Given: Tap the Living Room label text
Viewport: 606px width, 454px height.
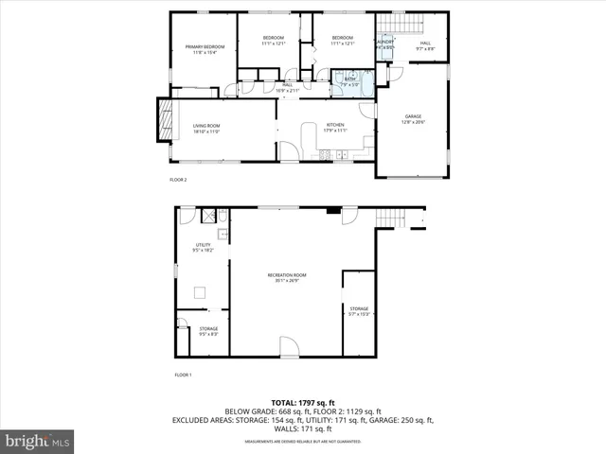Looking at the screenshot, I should [206, 128].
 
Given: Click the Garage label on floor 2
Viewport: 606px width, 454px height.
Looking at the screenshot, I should [413, 118].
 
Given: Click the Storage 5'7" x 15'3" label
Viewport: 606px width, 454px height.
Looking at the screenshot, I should [359, 311].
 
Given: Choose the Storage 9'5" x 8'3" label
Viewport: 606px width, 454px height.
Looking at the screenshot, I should [208, 331].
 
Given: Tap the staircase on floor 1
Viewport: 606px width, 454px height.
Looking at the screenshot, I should [388, 218].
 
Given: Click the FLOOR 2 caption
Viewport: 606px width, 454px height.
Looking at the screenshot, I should [178, 179].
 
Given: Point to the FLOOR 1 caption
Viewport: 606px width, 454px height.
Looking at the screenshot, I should [183, 375].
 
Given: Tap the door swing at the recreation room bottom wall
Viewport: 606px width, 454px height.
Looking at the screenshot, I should [289, 345].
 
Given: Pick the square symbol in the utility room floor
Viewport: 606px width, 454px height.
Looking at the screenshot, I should [201, 293].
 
